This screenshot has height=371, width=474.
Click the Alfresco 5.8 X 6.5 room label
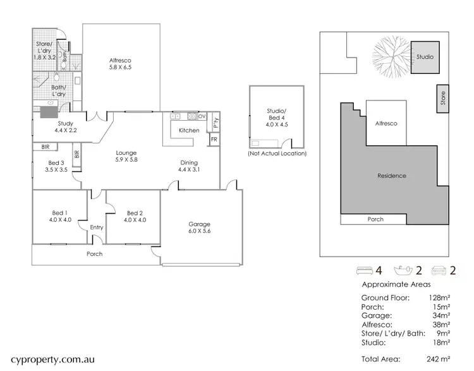pyautogui.click(x=120, y=63)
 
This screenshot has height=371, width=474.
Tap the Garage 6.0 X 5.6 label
pyautogui.click(x=200, y=228)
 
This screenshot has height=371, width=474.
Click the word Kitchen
pyautogui.click(x=189, y=131)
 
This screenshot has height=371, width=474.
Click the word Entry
pyautogui.click(x=97, y=227)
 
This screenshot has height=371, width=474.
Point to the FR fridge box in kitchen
pyautogui.click(x=214, y=138)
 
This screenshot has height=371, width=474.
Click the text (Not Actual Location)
pyautogui.click(x=278, y=154)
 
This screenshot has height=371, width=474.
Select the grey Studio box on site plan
pyautogui.click(x=425, y=57)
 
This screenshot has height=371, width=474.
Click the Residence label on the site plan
pyautogui.click(x=392, y=176)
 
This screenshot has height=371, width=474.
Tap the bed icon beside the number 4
pyautogui.click(x=363, y=271)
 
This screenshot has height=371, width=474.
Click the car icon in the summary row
pyautogui.click(x=439, y=271)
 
